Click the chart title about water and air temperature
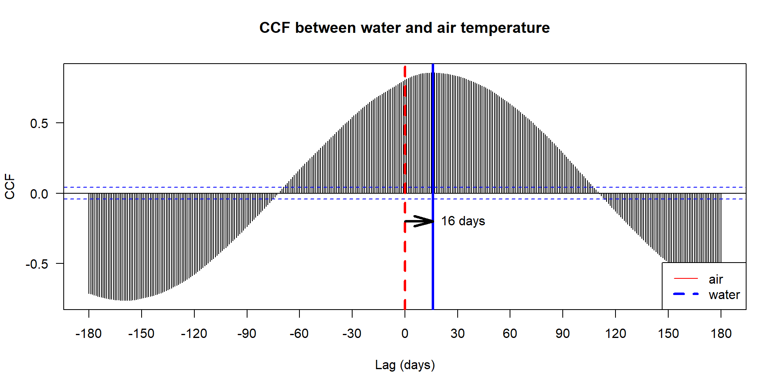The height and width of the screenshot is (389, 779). coord(405,28)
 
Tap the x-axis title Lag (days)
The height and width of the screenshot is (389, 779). coord(405,365)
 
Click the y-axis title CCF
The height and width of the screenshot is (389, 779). coord(10,186)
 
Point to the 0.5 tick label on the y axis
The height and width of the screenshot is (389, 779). coord(39,124)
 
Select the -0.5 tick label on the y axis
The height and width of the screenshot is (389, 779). coord(37,264)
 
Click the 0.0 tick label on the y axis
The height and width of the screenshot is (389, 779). coord(39,194)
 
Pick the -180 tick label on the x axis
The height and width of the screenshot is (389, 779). coord(88,333)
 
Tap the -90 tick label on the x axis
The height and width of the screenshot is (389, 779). coord(247,333)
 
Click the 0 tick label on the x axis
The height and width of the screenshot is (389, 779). coord(405,333)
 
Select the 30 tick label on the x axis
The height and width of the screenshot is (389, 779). coord(457,333)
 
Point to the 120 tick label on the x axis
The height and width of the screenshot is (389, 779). coord(615,333)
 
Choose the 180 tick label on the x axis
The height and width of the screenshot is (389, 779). coord(721,333)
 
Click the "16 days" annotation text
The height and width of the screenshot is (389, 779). coord(463,221)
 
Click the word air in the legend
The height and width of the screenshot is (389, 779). coord(716,279)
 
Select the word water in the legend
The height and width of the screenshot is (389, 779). coord(724,295)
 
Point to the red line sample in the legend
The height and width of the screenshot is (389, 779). coord(686,279)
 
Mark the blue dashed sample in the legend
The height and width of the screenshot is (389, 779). coord(686,294)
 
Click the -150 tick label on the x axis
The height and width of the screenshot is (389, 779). coord(141,333)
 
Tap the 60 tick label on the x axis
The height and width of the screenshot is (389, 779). coord(510,333)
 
